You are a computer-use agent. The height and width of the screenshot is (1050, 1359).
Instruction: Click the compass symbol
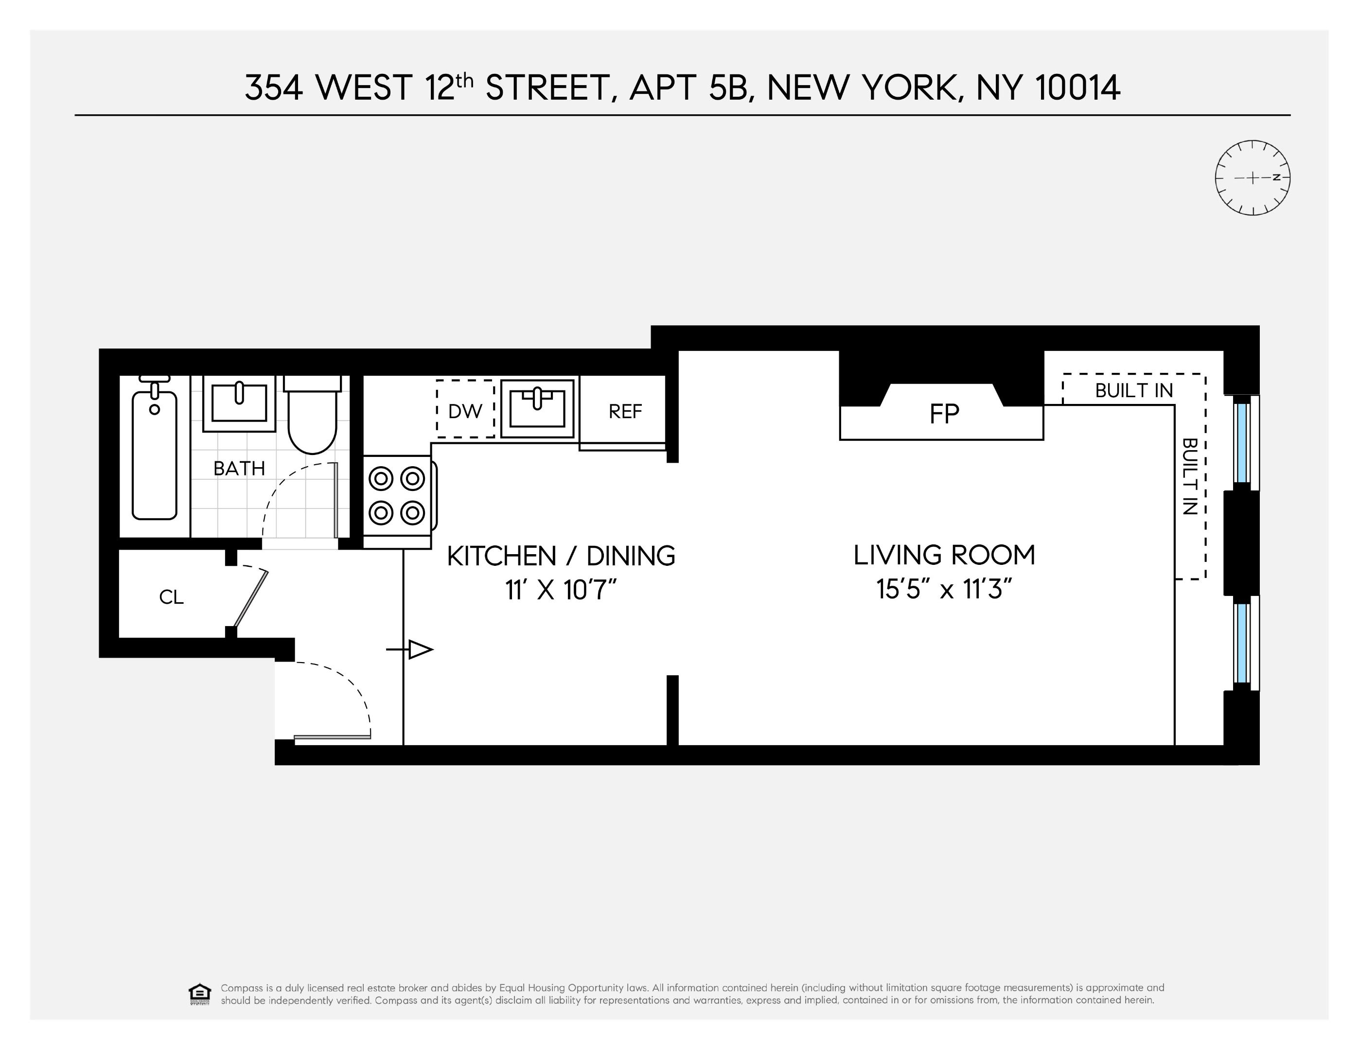coord(1252,178)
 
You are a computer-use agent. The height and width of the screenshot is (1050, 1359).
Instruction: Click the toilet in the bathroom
coord(312,416)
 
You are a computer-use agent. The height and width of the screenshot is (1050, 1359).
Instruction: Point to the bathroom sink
coord(239,403)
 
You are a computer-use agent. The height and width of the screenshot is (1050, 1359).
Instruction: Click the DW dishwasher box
coord(465,410)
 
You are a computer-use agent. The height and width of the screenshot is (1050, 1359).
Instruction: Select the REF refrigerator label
coord(625,411)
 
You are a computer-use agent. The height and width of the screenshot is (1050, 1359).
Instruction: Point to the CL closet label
coord(171,597)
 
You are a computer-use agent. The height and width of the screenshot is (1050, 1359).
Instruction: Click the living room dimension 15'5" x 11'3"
coord(944,589)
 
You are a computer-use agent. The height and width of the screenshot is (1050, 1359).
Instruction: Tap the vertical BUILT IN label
coord(1189,476)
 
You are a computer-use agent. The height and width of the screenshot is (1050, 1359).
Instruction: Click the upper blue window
coord(1242,442)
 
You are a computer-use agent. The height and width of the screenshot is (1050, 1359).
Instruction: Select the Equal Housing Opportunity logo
coord(200,994)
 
